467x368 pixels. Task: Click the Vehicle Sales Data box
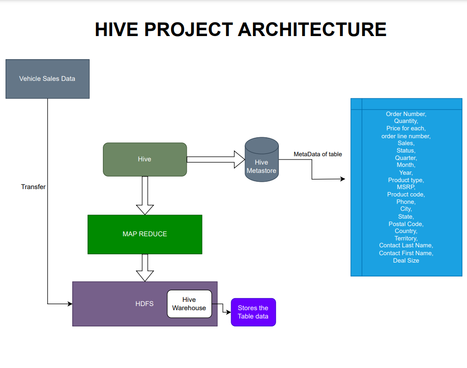pos(47,79)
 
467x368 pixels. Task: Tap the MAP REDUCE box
pos(145,234)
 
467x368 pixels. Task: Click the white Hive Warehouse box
pos(189,304)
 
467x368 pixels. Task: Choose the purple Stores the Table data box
pos(253,312)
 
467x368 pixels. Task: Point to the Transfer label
pos(33,187)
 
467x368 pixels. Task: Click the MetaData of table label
pos(318,154)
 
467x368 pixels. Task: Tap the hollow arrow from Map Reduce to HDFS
pos(145,267)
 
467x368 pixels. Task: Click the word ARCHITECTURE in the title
pos(312,29)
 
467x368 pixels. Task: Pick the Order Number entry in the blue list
pos(406,114)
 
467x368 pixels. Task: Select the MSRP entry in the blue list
pos(406,187)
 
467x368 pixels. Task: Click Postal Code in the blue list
pos(406,224)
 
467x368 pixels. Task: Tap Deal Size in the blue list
pos(406,260)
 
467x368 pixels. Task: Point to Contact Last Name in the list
pos(406,245)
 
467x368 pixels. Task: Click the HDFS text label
pos(144,304)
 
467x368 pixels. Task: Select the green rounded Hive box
pos(145,159)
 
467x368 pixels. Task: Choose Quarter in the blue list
pos(406,158)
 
